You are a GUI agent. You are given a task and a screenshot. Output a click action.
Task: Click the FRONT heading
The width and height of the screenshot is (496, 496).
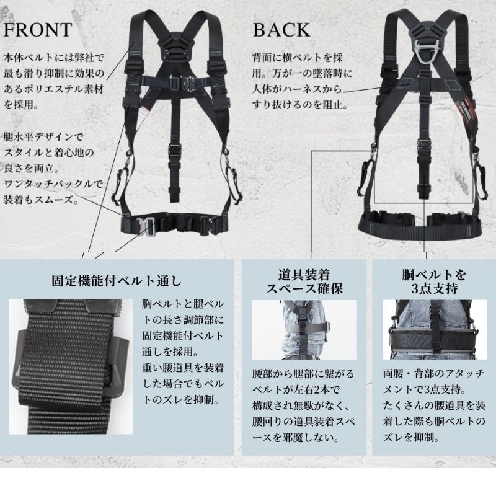[38, 29]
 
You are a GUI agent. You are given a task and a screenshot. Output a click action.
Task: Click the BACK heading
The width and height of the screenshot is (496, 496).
[281, 29]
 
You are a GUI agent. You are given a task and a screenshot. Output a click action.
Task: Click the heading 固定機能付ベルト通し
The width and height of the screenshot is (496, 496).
[117, 280]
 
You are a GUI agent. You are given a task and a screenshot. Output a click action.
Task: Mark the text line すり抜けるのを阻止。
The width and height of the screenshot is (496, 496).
[299, 105]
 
